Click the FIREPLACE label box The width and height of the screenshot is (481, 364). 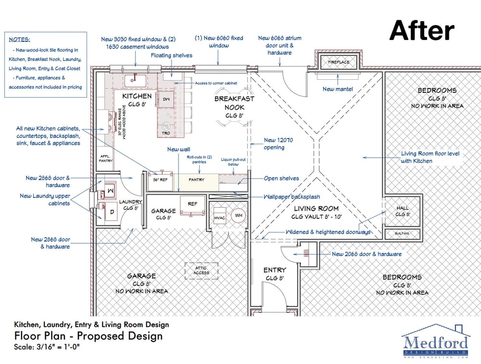click(339, 62)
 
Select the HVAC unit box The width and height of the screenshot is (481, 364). click(220, 217)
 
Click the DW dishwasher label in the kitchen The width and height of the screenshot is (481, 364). click(166, 99)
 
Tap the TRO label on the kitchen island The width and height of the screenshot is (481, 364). click(165, 132)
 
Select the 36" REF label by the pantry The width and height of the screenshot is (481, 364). click(159, 179)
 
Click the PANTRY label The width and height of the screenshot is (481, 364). click(196, 179)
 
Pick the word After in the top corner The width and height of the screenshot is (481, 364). click(421, 31)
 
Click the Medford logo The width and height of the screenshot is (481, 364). click(435, 342)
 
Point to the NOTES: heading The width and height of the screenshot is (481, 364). click(19, 39)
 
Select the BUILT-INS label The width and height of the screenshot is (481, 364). click(402, 234)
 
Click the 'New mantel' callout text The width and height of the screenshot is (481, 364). click(337, 89)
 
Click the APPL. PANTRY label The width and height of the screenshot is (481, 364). click(105, 158)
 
